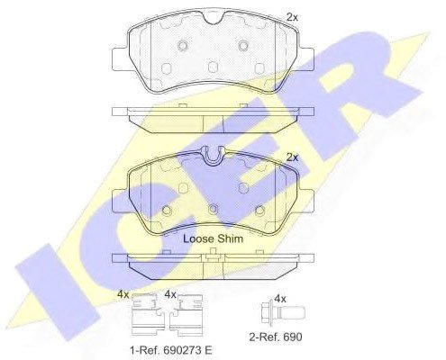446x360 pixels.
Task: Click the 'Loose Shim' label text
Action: [x=213, y=238]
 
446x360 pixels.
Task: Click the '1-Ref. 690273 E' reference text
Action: [x=171, y=350]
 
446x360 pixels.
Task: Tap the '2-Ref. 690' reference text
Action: [x=276, y=337]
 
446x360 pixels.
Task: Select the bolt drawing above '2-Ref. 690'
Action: [x=283, y=314]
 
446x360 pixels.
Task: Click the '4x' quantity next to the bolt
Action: [x=280, y=299]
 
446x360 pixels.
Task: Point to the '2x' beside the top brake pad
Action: [x=292, y=17]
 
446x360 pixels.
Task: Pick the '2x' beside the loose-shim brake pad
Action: [x=292, y=157]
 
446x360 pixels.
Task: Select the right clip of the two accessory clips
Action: [x=187, y=315]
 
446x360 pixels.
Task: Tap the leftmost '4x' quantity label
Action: [x=123, y=294]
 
